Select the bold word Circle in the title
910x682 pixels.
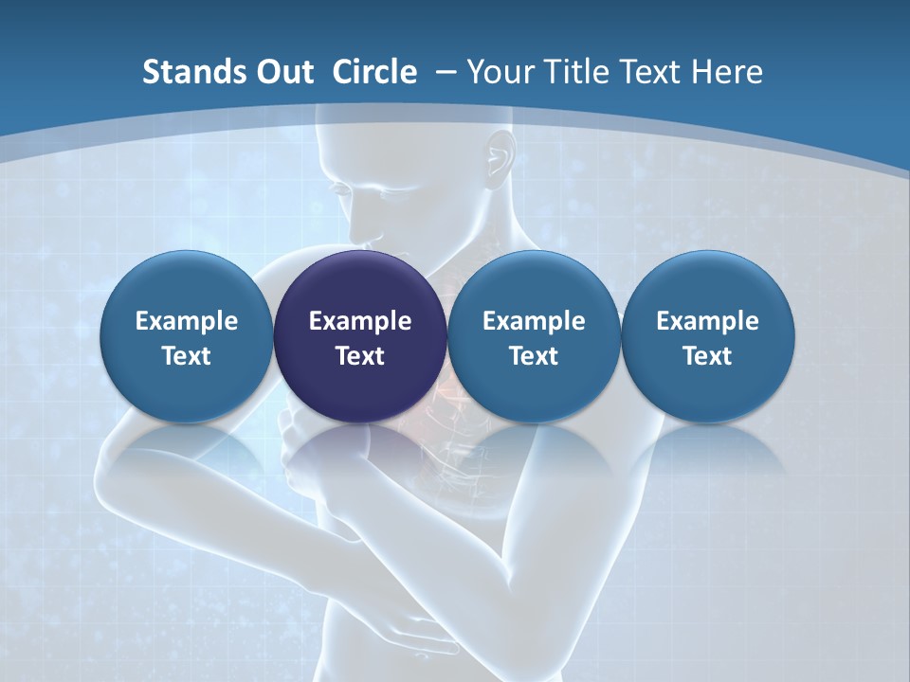(x=374, y=72)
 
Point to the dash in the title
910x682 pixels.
(x=446, y=72)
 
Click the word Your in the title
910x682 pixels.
(x=500, y=72)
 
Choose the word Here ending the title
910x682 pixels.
(x=728, y=72)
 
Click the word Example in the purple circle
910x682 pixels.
(x=360, y=321)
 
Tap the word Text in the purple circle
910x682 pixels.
(x=360, y=356)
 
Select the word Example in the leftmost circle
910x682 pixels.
(x=186, y=321)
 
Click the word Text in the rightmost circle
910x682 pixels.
(x=707, y=356)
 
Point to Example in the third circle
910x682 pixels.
(x=534, y=321)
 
